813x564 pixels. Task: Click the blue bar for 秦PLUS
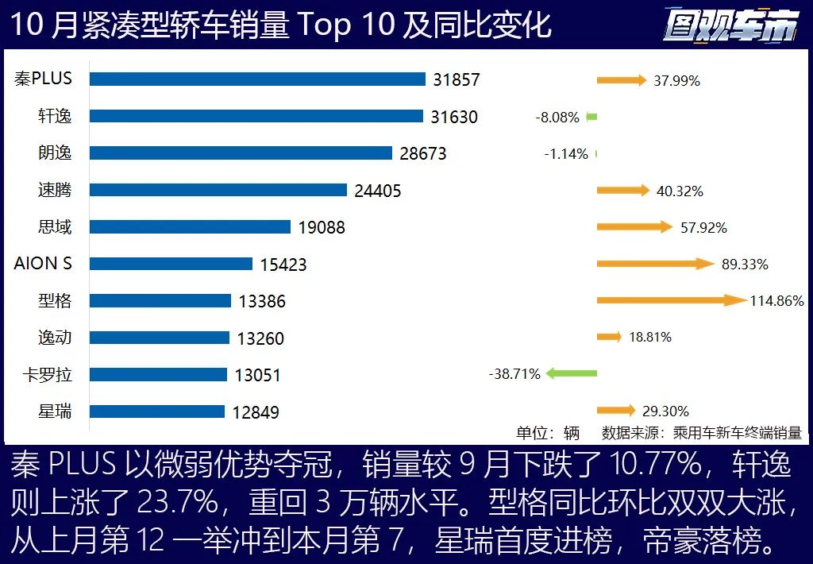257,79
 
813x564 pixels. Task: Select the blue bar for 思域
190,226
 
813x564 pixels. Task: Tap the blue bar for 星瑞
156,411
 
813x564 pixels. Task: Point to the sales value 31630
454,117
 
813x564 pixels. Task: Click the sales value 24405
378,191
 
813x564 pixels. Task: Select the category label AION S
43,263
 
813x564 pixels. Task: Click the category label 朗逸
55,153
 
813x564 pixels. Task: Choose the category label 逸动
55,337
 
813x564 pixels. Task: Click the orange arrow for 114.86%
671,300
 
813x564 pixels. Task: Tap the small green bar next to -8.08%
591,117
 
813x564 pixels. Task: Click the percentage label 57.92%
703,228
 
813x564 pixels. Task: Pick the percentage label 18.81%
649,337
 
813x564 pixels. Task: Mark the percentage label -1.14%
566,154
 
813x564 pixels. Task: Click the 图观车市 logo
730,26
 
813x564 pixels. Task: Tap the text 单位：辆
548,433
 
